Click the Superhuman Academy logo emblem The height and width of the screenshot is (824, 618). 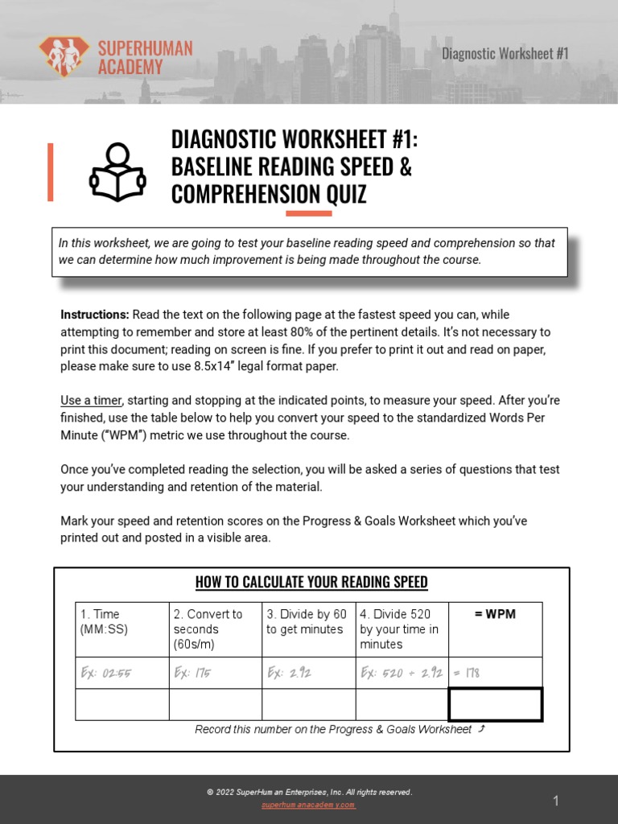point(64,56)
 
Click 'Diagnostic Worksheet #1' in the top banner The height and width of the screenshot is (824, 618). point(505,53)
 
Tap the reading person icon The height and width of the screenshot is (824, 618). point(117,172)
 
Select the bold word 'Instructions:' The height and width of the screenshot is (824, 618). point(94,315)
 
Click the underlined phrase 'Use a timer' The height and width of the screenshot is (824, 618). point(91,400)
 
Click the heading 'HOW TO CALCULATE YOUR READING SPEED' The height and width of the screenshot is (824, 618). point(311,582)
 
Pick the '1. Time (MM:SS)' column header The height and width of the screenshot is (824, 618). point(103,621)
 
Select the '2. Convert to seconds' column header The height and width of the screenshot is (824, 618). point(208,628)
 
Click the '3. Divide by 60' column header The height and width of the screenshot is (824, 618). point(307,621)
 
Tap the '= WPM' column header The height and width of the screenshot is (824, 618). point(495,614)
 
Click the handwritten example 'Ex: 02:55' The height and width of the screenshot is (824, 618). point(105,673)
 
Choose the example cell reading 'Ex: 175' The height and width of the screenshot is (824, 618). point(192,673)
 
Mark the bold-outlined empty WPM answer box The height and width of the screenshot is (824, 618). point(495,704)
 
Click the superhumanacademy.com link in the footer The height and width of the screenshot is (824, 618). point(308,805)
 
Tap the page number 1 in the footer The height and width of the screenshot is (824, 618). point(555,801)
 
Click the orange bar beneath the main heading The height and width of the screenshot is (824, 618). point(309,213)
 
